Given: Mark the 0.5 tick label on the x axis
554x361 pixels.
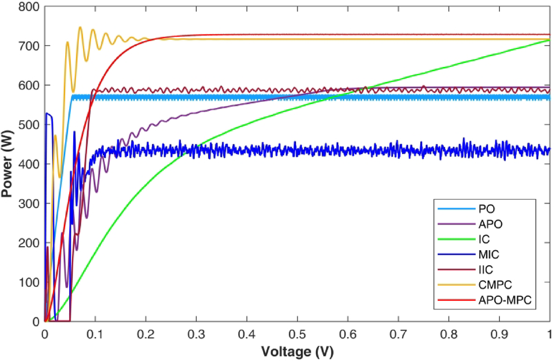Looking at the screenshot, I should point(297,333).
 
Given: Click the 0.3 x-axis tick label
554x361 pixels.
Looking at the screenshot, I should point(197,333).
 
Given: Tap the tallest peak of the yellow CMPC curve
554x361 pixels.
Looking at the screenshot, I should point(80,27).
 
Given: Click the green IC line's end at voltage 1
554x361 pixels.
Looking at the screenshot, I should point(549,40).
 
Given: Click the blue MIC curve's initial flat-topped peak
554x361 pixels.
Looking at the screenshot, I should point(48,114).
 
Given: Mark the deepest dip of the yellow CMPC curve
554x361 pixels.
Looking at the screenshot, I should point(60,176).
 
